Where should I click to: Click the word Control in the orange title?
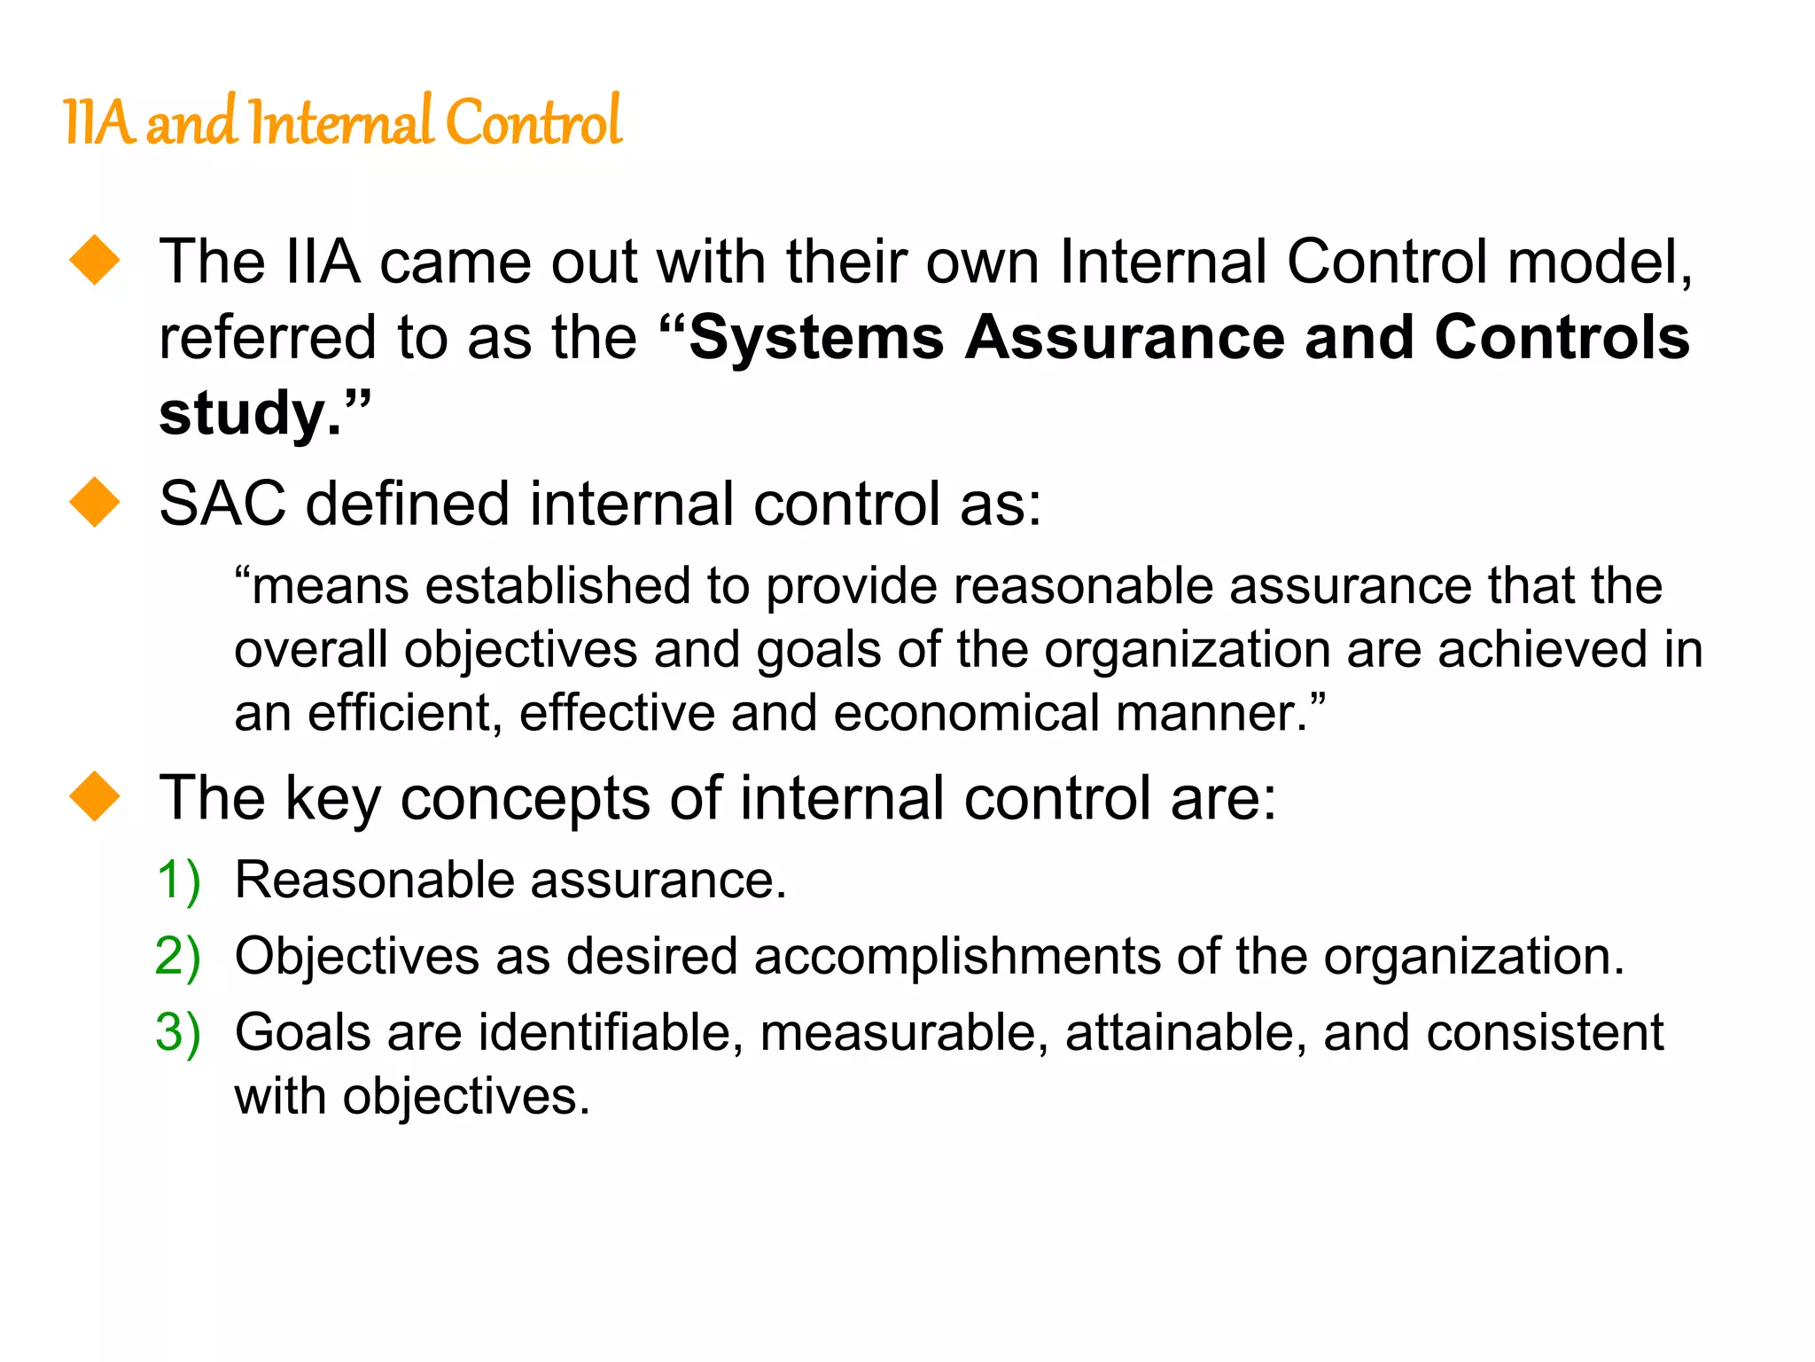[x=534, y=122]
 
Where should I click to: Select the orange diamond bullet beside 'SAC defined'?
[x=95, y=502]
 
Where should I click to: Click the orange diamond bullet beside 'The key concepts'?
[x=95, y=795]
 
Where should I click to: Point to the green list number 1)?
[x=178, y=881]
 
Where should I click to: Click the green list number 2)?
[x=178, y=957]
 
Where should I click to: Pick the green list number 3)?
[x=178, y=1033]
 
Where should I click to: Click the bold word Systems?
[x=816, y=338]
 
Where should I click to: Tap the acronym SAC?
[x=222, y=504]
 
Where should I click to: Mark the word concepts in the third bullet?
[x=526, y=799]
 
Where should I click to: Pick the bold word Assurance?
[x=1125, y=338]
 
